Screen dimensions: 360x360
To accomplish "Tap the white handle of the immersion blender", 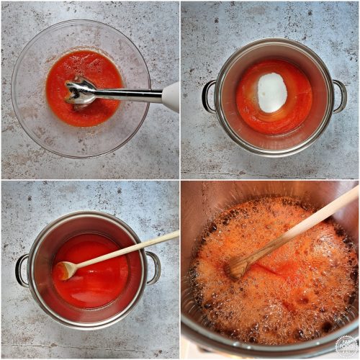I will point(171,96).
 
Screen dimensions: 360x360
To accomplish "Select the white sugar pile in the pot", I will point(272,93).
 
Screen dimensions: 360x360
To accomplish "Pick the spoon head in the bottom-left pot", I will point(64,270).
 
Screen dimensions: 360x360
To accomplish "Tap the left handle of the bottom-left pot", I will point(22,269).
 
